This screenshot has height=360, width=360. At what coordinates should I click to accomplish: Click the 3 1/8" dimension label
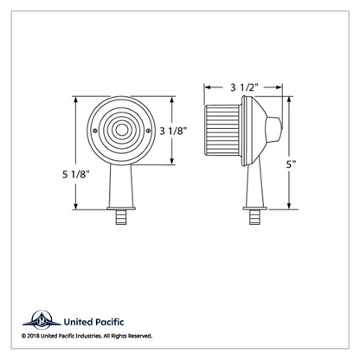pos(173,131)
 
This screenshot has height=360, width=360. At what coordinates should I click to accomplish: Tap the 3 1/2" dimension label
pos(243,87)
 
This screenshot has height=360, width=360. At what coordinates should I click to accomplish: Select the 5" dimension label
pos(291,164)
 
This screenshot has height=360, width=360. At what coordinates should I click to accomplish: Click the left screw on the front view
pos(95,131)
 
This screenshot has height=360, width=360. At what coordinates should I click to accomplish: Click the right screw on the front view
pos(148,131)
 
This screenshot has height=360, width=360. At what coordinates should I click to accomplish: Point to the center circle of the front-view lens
pos(121,130)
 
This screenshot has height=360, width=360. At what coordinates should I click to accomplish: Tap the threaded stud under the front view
pos(121,217)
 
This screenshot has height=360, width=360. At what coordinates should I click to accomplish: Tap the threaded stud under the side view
pos(254,217)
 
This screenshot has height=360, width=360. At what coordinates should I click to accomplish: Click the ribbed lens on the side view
pos(222,130)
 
